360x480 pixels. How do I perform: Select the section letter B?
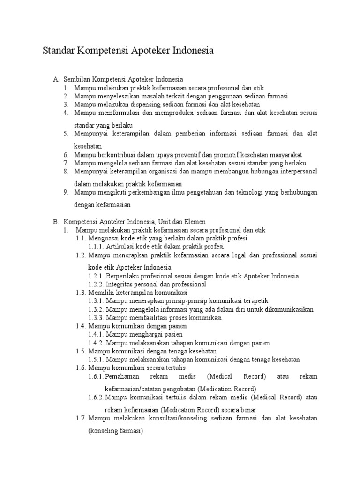click(56, 222)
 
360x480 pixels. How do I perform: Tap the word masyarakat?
click(285, 155)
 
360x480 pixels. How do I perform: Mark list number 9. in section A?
click(66, 192)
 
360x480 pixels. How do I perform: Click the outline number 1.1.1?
click(96, 246)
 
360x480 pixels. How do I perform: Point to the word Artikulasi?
click(120, 246)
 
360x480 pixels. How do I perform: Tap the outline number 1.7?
click(82, 418)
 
